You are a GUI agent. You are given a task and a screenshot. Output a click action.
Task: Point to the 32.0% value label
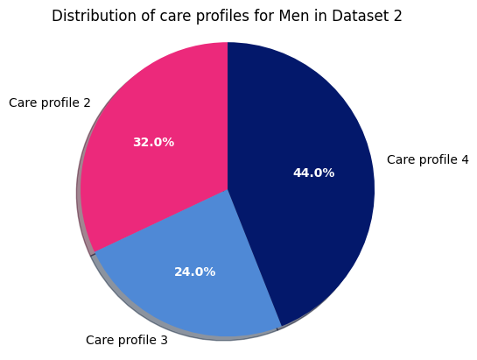[x=153, y=142]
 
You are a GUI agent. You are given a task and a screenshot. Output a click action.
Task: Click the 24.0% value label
[x=194, y=272]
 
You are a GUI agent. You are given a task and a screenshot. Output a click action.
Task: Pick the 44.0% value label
[x=313, y=173]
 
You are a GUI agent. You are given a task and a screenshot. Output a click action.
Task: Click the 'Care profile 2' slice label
[x=49, y=102]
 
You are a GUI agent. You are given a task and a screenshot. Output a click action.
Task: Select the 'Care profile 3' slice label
[x=126, y=340]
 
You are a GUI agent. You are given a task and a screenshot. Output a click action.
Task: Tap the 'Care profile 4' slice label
[x=427, y=159]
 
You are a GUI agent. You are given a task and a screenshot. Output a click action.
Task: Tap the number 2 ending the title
[x=397, y=16]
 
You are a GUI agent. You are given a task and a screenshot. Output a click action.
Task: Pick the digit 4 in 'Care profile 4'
[x=465, y=159]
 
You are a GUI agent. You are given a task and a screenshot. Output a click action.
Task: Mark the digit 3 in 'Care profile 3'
[x=164, y=340]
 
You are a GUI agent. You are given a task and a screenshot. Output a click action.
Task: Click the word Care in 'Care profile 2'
[x=23, y=102]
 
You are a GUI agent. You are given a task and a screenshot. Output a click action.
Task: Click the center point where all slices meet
[x=228, y=189]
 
